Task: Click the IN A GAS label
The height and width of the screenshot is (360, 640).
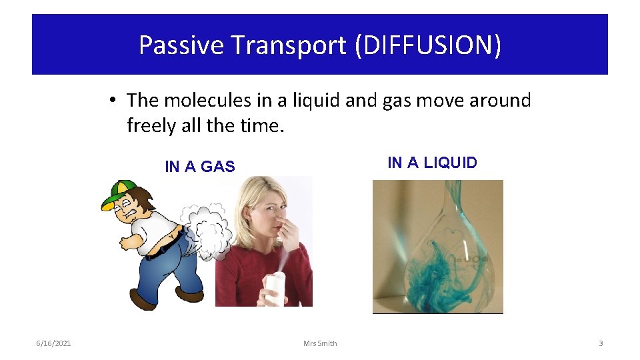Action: pos(200,167)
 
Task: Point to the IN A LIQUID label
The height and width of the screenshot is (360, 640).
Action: pos(432,163)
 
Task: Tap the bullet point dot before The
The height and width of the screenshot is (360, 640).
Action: pos(114,101)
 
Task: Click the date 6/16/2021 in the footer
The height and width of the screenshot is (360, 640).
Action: pos(53,343)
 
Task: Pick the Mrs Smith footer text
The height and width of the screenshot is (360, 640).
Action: pos(320,343)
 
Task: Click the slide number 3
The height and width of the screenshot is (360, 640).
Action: pos(600,343)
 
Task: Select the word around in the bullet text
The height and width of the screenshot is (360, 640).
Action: pos(493,101)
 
